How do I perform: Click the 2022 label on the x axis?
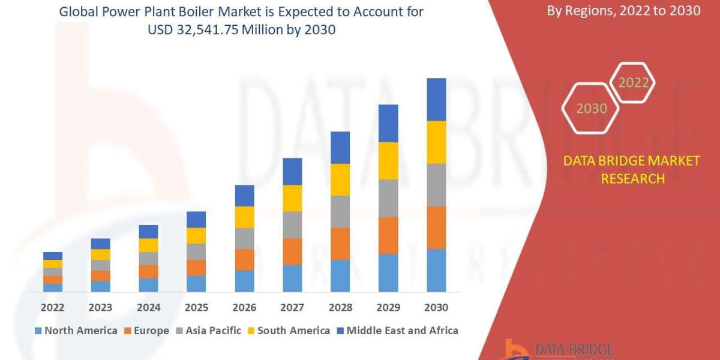(x=53, y=307)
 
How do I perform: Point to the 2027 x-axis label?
(x=292, y=307)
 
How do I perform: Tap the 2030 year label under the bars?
(x=436, y=307)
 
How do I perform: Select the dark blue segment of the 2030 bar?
(x=436, y=100)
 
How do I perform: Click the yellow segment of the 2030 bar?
(x=436, y=142)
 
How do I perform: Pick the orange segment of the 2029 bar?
(x=388, y=235)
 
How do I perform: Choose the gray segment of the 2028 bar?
(x=340, y=211)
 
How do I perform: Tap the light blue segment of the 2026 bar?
(x=244, y=281)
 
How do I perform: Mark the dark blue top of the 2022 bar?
(x=53, y=256)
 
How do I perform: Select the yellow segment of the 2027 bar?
(x=292, y=198)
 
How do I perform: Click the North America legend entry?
(x=76, y=331)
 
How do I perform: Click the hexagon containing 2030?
(x=591, y=109)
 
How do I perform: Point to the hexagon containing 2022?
(x=633, y=83)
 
